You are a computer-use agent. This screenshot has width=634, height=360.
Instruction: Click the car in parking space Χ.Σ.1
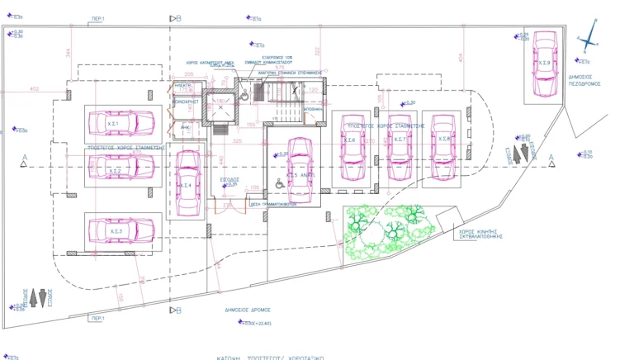(121, 123)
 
